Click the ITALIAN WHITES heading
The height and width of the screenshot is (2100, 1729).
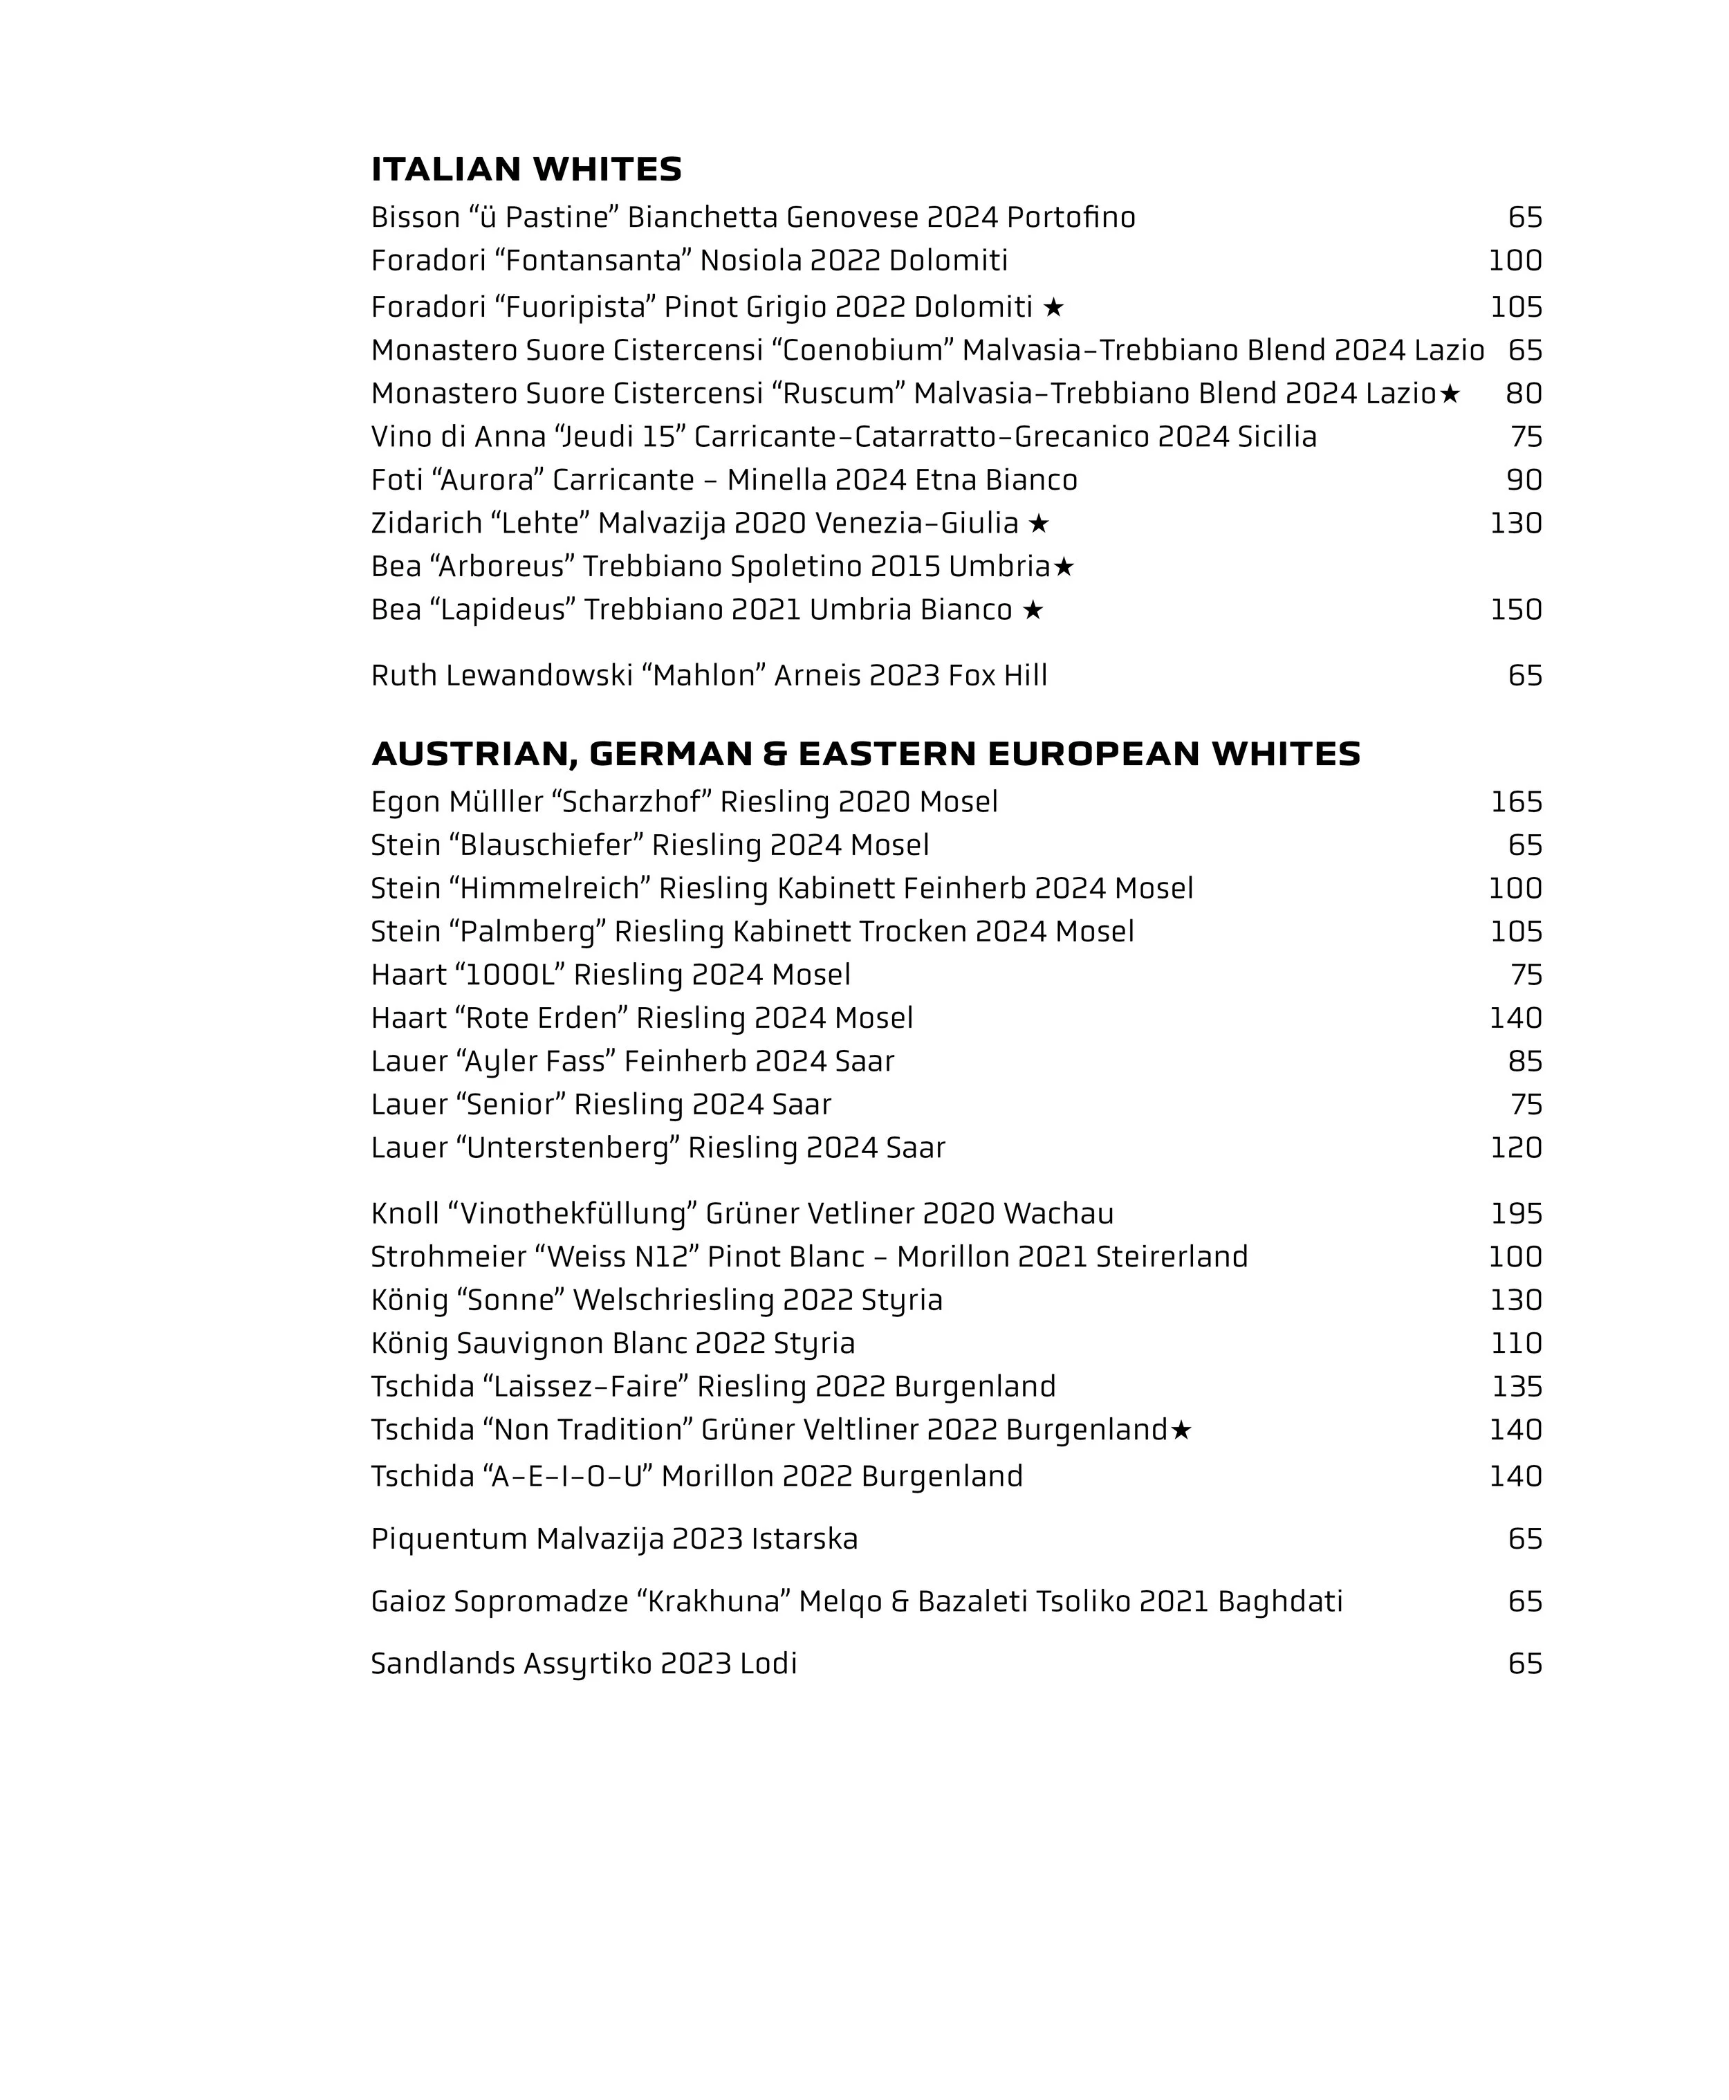(x=526, y=169)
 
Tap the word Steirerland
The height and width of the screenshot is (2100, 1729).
(x=1172, y=1258)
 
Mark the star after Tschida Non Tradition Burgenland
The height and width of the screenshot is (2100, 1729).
(x=1181, y=1430)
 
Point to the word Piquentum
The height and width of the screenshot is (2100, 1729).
(x=449, y=1539)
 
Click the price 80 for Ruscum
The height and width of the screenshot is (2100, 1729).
(x=1524, y=394)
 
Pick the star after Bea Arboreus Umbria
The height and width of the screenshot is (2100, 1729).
(x=1064, y=567)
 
